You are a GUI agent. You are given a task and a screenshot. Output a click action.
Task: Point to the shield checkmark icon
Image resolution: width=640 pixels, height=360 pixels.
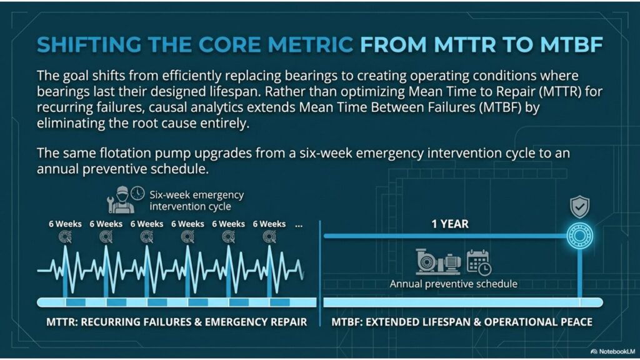(x=579, y=207)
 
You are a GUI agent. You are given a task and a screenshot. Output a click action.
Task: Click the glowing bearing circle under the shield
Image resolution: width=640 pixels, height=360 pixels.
(x=579, y=236)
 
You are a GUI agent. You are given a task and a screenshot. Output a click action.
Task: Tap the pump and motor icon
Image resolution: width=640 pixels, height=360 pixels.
(x=438, y=262)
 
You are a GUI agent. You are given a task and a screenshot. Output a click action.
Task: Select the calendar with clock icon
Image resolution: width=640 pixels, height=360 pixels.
(x=479, y=262)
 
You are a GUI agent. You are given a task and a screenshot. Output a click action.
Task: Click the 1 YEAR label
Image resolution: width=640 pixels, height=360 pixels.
(x=450, y=224)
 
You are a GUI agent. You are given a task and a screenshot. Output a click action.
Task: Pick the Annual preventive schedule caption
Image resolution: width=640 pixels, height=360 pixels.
(x=454, y=284)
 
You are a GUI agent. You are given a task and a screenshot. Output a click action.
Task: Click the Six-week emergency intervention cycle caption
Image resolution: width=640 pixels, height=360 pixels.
(x=196, y=200)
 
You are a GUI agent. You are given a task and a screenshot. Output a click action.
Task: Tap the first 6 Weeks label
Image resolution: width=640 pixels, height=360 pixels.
(x=64, y=224)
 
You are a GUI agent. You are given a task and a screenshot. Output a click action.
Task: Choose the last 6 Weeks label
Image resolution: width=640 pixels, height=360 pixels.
(x=269, y=224)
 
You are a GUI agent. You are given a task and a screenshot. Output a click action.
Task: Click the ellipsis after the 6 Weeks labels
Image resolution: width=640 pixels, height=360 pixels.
(x=298, y=224)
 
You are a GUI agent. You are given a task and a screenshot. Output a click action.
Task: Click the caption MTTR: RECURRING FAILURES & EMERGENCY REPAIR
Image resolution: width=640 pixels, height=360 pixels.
(x=177, y=322)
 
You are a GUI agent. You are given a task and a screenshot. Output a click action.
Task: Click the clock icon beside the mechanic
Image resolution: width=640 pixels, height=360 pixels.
(x=137, y=193)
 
